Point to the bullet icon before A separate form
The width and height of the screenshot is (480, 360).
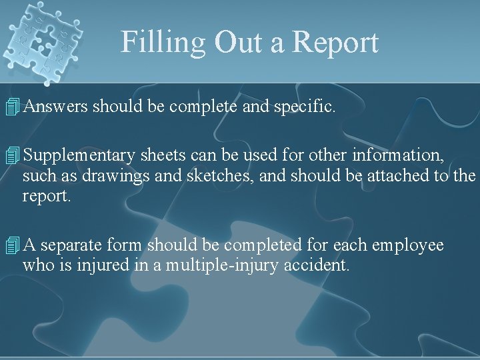click(x=10, y=246)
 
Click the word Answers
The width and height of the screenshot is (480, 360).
click(x=57, y=105)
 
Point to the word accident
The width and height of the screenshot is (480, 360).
click(x=317, y=265)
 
